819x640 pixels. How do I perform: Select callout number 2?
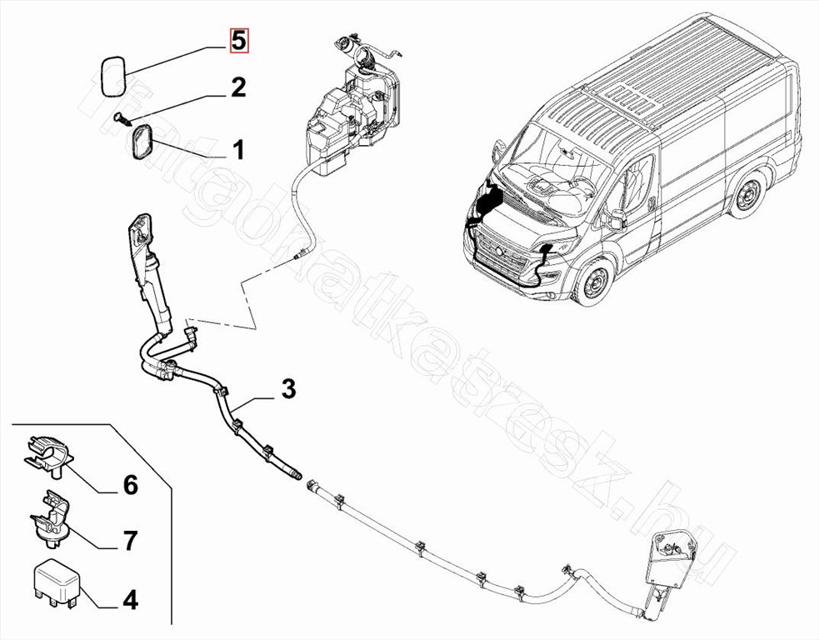pyautogui.click(x=238, y=87)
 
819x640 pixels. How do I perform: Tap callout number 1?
pyautogui.click(x=238, y=150)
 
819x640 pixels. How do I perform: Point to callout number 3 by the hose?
pyautogui.click(x=287, y=389)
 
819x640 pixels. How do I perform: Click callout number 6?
pyautogui.click(x=131, y=485)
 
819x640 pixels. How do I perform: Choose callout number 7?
pyautogui.click(x=131, y=541)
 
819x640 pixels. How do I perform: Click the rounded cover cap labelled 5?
pyautogui.click(x=111, y=74)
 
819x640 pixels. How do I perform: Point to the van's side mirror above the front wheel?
pyautogui.click(x=617, y=219)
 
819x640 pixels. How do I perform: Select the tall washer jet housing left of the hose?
pyautogui.click(x=149, y=267)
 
